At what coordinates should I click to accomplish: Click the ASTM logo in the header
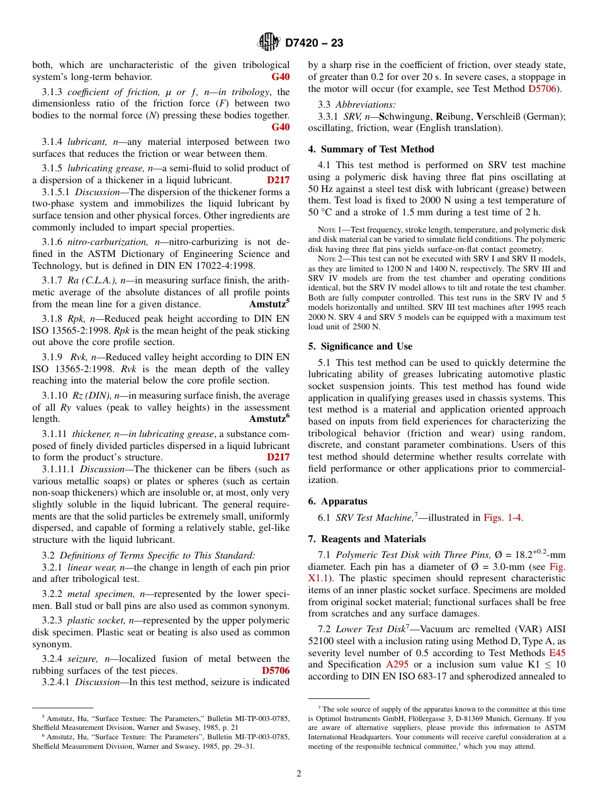[269, 43]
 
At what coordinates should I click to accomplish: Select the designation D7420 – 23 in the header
[313, 43]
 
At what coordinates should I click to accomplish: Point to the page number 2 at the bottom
[299, 773]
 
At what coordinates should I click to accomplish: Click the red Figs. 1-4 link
[502, 518]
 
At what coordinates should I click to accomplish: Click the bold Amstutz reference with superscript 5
[269, 304]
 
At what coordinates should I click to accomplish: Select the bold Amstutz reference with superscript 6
[269, 418]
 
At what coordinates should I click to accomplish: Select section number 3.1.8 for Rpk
[53, 319]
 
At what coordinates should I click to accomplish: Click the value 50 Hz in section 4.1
[320, 189]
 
